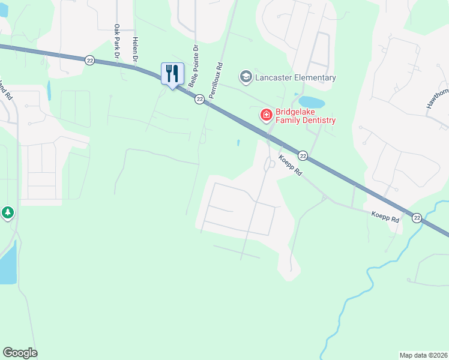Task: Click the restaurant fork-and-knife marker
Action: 172,74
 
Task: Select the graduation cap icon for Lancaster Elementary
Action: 245,77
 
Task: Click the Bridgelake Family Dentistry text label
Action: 305,116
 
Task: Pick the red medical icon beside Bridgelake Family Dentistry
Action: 265,115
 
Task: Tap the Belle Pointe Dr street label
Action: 194,66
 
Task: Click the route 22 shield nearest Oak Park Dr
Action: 89,59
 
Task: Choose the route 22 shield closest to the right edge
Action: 417,217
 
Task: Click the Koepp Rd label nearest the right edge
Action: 385,216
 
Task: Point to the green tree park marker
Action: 7,213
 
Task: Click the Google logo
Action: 20,353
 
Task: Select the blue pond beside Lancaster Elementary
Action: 312,101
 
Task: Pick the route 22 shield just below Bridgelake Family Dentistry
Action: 303,155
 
